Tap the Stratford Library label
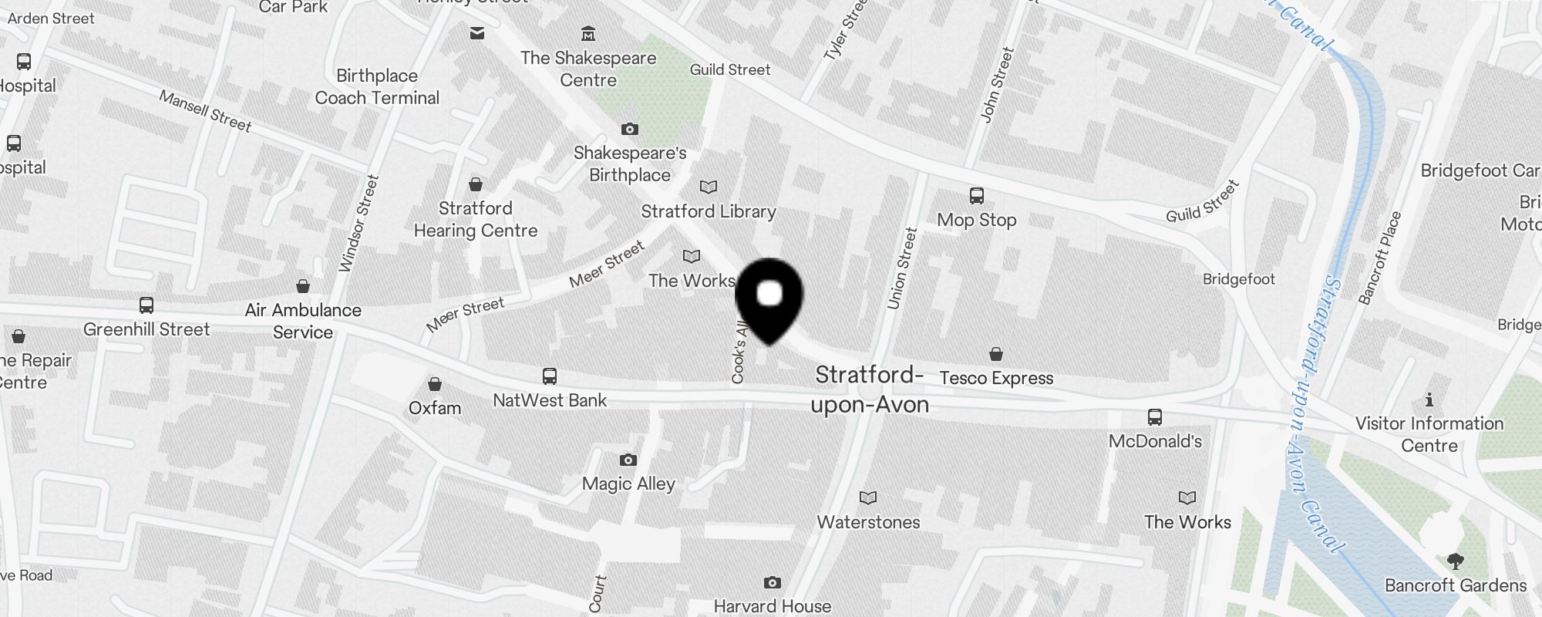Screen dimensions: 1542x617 [709, 211]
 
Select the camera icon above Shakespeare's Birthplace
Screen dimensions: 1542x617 [630, 129]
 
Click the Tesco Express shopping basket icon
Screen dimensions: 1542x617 [996, 354]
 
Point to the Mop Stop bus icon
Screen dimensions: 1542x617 [977, 196]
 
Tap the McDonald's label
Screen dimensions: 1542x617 [1155, 441]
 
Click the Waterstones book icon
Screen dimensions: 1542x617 [868, 498]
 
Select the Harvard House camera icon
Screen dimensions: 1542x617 [773, 582]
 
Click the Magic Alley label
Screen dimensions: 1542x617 [628, 484]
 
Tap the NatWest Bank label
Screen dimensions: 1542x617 [550, 400]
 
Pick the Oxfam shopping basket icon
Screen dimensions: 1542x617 [435, 384]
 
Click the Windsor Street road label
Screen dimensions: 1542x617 [359, 224]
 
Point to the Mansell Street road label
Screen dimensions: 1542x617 [205, 111]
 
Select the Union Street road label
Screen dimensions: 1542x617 [902, 268]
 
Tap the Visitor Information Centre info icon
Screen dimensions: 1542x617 [1429, 400]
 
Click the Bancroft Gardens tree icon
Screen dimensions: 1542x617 [1455, 561]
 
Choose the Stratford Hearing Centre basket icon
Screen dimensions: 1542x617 [476, 184]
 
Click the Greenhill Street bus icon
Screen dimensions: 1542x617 [146, 305]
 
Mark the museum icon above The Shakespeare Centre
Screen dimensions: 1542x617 [588, 33]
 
